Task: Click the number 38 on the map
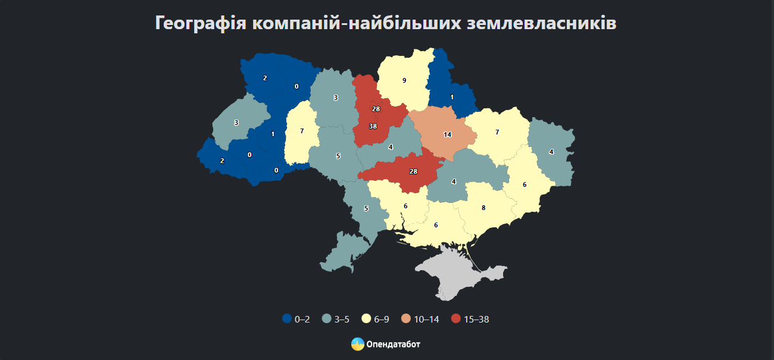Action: pyautogui.click(x=373, y=126)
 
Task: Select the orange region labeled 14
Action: pyautogui.click(x=447, y=134)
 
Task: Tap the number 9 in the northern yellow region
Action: pyautogui.click(x=404, y=80)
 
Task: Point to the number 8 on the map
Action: pyautogui.click(x=483, y=208)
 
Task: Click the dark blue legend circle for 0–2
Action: pyautogui.click(x=287, y=319)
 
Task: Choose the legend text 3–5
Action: pyautogui.click(x=342, y=320)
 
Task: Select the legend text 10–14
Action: pyautogui.click(x=426, y=320)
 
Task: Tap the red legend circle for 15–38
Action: pyautogui.click(x=456, y=319)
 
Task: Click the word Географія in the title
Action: pyautogui.click(x=200, y=23)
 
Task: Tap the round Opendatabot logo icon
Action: pyautogui.click(x=357, y=344)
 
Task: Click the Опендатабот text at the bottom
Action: pyautogui.click(x=394, y=345)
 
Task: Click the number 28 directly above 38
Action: pyautogui.click(x=376, y=109)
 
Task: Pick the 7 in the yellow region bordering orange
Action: pyautogui.click(x=497, y=132)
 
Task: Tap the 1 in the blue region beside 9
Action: pyautogui.click(x=452, y=97)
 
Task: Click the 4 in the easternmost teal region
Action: pyautogui.click(x=551, y=152)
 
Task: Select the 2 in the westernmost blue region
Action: pyautogui.click(x=222, y=161)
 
